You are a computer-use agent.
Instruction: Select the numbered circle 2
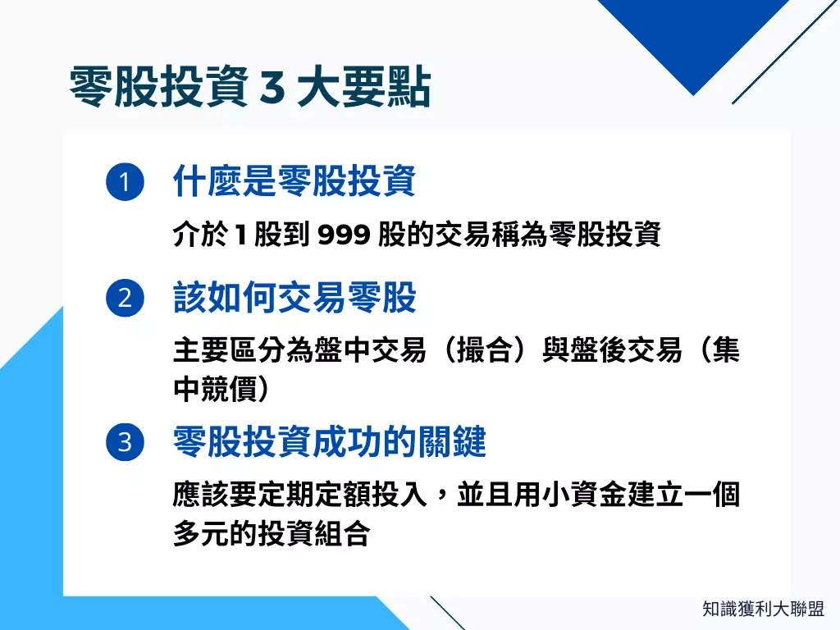[125, 298]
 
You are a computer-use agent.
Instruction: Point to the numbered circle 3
[125, 443]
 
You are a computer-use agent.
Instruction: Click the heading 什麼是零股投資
[294, 181]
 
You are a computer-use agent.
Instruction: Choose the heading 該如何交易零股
[294, 298]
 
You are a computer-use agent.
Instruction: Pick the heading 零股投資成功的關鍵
[329, 443]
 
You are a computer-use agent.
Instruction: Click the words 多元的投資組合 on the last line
[271, 534]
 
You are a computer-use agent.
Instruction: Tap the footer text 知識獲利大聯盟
[763, 609]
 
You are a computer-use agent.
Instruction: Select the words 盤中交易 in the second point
[369, 351]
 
